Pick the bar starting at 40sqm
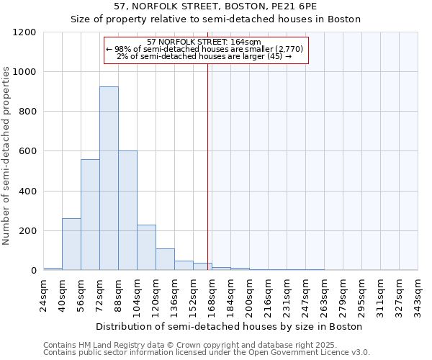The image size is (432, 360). point(71,244)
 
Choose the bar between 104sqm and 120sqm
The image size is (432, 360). point(146,248)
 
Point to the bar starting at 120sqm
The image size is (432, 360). point(165,259)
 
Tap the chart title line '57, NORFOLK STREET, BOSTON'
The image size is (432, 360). point(215,6)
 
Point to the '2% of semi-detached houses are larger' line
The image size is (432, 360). point(204,56)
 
